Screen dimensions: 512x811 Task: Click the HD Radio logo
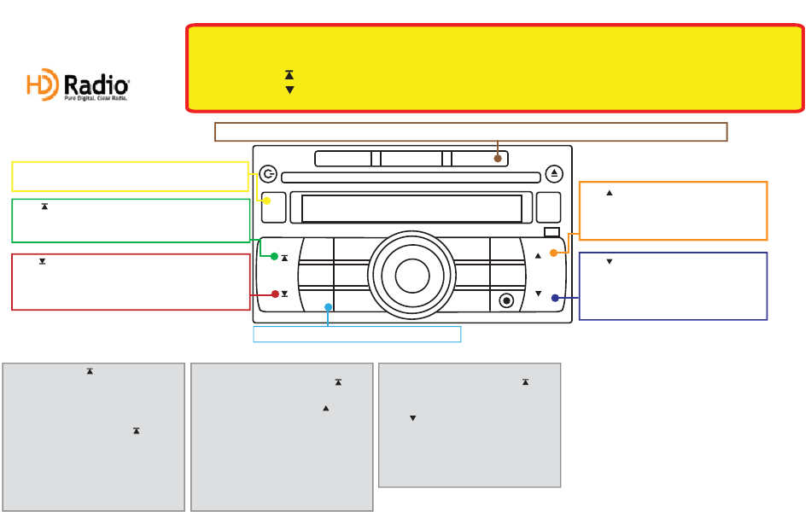[x=78, y=86]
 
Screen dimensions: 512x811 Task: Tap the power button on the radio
[x=268, y=173]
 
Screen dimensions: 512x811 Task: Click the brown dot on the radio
[x=498, y=158]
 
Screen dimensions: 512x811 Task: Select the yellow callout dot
[x=267, y=201]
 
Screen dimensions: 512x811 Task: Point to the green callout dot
[x=274, y=256]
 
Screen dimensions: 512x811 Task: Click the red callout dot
[x=275, y=294]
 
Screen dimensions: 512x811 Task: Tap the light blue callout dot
[x=328, y=306]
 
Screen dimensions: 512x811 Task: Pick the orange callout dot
[x=553, y=253]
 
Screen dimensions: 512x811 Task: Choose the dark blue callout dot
[x=555, y=298]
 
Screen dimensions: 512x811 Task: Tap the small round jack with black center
[x=507, y=300]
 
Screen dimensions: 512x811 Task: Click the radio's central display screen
[x=411, y=208]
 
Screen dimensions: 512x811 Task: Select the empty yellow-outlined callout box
[x=130, y=176]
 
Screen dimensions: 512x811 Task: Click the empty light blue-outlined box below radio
[x=357, y=334]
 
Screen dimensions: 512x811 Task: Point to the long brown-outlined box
[x=470, y=131]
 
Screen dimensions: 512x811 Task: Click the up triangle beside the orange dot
[x=538, y=255]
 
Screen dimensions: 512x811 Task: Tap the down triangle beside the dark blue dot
[x=538, y=294]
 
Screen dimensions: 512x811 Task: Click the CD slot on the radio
[x=411, y=177]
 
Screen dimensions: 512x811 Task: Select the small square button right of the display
[x=548, y=207]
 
